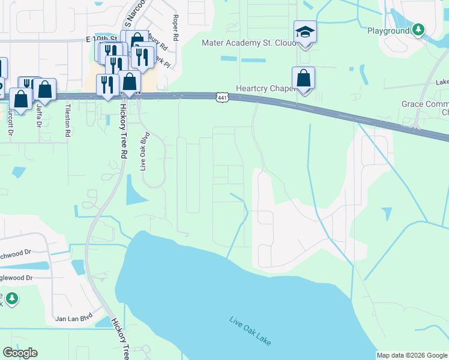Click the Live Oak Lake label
coord(250,331)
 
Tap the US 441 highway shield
coord(221,97)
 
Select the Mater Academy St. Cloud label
coord(248,43)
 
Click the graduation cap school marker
coord(305,32)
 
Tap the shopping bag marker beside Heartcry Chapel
coord(304,78)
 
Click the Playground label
coord(388,30)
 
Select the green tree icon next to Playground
coord(418,29)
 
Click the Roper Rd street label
coord(175,28)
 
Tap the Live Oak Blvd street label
coord(144,151)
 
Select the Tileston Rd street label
coord(67,119)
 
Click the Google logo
coord(20,353)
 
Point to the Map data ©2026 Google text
coord(411,355)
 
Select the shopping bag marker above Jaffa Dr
coord(44,89)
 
